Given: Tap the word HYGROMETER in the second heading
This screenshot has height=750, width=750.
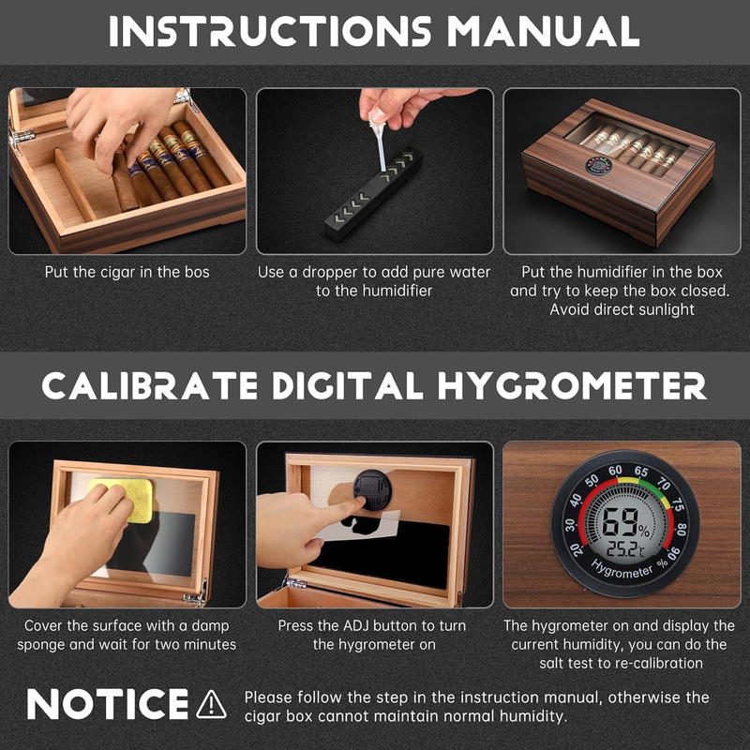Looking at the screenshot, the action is (x=572, y=385).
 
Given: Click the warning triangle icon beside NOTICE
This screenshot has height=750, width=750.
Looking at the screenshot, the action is (x=212, y=704).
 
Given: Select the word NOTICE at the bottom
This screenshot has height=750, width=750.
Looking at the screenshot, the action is (x=108, y=704).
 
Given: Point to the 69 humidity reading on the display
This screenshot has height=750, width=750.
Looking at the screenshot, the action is (x=620, y=521).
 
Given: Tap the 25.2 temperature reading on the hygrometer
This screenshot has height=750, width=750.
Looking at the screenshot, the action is (x=622, y=550).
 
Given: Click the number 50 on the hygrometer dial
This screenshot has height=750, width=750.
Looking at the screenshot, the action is (x=592, y=480).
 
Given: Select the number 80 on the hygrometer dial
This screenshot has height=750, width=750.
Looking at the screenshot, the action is (x=682, y=530).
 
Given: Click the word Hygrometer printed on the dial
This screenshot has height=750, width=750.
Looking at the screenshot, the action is (x=622, y=569).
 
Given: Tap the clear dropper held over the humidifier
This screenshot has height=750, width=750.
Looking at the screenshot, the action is (x=381, y=140).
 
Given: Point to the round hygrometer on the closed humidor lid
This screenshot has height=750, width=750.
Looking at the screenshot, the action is (x=599, y=166).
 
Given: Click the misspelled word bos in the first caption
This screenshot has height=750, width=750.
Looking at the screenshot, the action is (x=197, y=272).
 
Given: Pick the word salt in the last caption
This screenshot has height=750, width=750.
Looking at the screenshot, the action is (x=550, y=664).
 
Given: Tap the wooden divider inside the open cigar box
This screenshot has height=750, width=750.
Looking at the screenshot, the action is (x=75, y=184).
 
